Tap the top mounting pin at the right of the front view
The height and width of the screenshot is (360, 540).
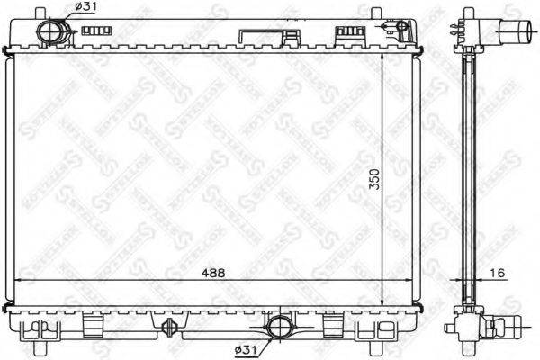coord(378,12)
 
